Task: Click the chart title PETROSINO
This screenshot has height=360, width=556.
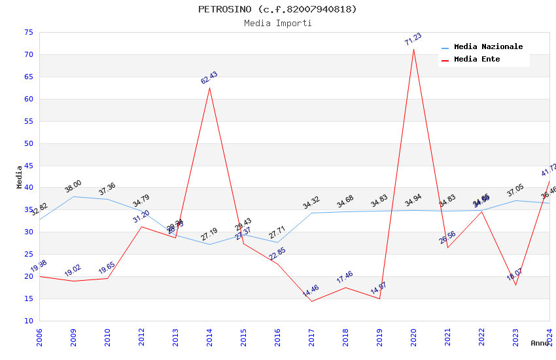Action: point(278,9)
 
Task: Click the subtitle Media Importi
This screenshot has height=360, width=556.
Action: point(278,24)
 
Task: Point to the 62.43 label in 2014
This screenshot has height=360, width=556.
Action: point(209,78)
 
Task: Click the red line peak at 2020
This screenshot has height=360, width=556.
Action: point(413,49)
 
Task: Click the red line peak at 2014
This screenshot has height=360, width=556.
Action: point(209,88)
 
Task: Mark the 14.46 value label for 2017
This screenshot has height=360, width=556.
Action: point(311,291)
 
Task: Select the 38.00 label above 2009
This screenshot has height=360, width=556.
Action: point(73,187)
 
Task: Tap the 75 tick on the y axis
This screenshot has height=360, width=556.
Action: point(27,32)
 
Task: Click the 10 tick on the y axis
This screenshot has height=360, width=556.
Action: point(27,321)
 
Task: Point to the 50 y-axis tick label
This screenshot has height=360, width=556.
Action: point(27,143)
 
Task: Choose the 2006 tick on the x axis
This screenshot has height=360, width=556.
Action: point(39,338)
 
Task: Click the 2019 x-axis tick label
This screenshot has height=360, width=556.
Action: point(379,338)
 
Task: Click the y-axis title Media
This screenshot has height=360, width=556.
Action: point(19,177)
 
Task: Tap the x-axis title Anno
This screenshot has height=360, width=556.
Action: point(540,343)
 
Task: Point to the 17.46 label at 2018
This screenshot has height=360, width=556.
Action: point(345,278)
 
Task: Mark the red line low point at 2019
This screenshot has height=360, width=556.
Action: point(379,298)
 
